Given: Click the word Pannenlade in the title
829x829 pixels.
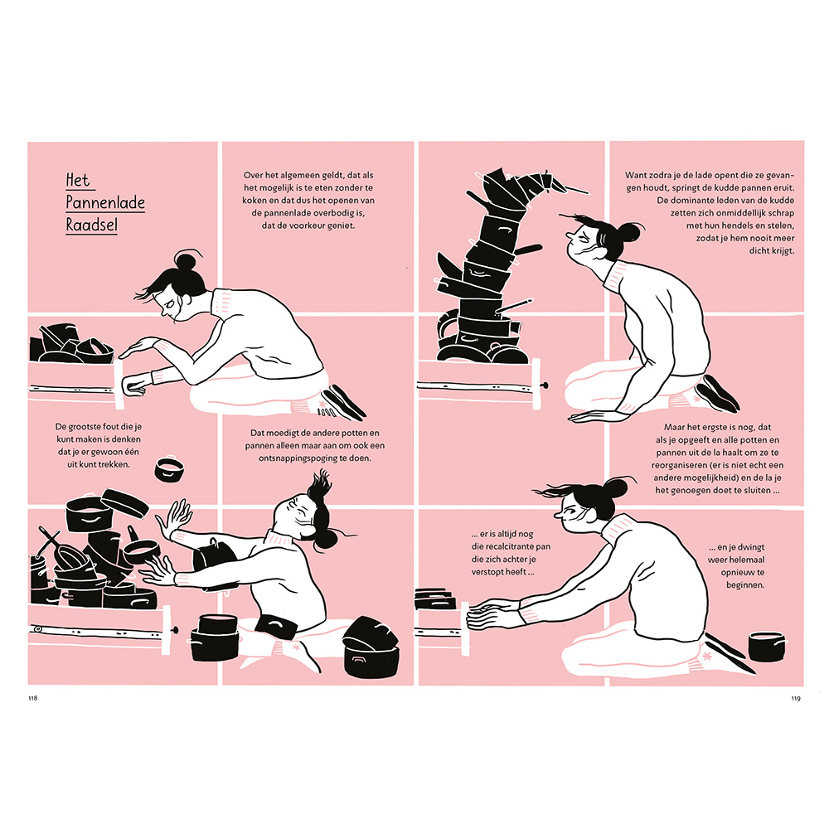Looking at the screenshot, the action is pos(105,202).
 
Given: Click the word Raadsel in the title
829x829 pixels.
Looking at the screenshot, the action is pos(91,225).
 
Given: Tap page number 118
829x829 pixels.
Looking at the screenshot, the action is pos(33,698).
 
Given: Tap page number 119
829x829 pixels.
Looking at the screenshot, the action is pos(796,698).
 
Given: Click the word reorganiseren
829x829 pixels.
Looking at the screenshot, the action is pos(680,465).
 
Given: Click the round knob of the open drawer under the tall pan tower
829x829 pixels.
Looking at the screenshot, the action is pos(546,386).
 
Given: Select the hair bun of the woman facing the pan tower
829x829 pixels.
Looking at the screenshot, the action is pos(628,231).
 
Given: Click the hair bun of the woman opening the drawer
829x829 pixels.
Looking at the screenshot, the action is pos(187,262).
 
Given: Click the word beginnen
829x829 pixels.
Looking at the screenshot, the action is pos(745,585).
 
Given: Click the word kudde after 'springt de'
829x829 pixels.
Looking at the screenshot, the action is pos(727,187).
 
